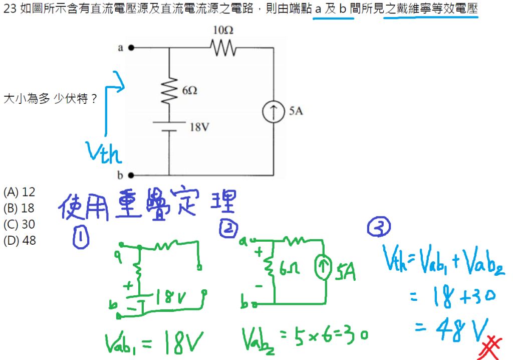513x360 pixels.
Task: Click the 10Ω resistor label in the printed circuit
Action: [223, 30]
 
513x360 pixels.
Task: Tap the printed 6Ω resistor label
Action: [189, 90]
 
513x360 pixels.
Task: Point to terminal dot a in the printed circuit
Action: [131, 48]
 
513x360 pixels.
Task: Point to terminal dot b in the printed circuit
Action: [131, 175]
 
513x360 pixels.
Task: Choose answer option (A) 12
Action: [20, 192]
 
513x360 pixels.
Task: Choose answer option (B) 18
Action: [20, 208]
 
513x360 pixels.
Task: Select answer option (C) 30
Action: [20, 224]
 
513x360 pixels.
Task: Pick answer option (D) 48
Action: [20, 241]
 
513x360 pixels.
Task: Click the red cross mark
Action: [490, 347]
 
